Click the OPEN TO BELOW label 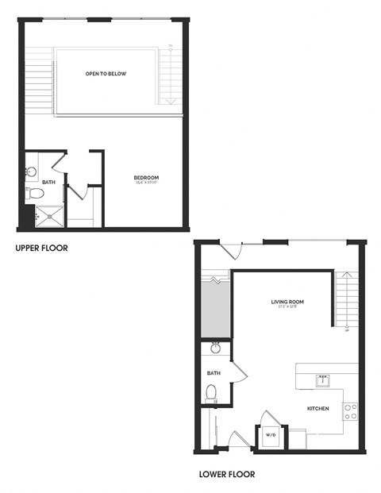point(106,74)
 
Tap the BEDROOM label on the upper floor point(146,177)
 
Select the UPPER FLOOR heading point(41,248)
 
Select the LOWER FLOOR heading point(226,476)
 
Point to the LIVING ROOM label point(287,302)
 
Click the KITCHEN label point(318,409)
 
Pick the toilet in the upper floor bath point(34,193)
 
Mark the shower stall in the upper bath point(49,214)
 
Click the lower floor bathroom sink point(215,349)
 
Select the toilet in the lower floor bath point(211,392)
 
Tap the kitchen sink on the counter point(323,379)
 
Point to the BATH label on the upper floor point(49,182)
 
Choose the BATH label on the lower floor point(214,372)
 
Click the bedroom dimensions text point(146,183)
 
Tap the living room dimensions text point(287,308)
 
